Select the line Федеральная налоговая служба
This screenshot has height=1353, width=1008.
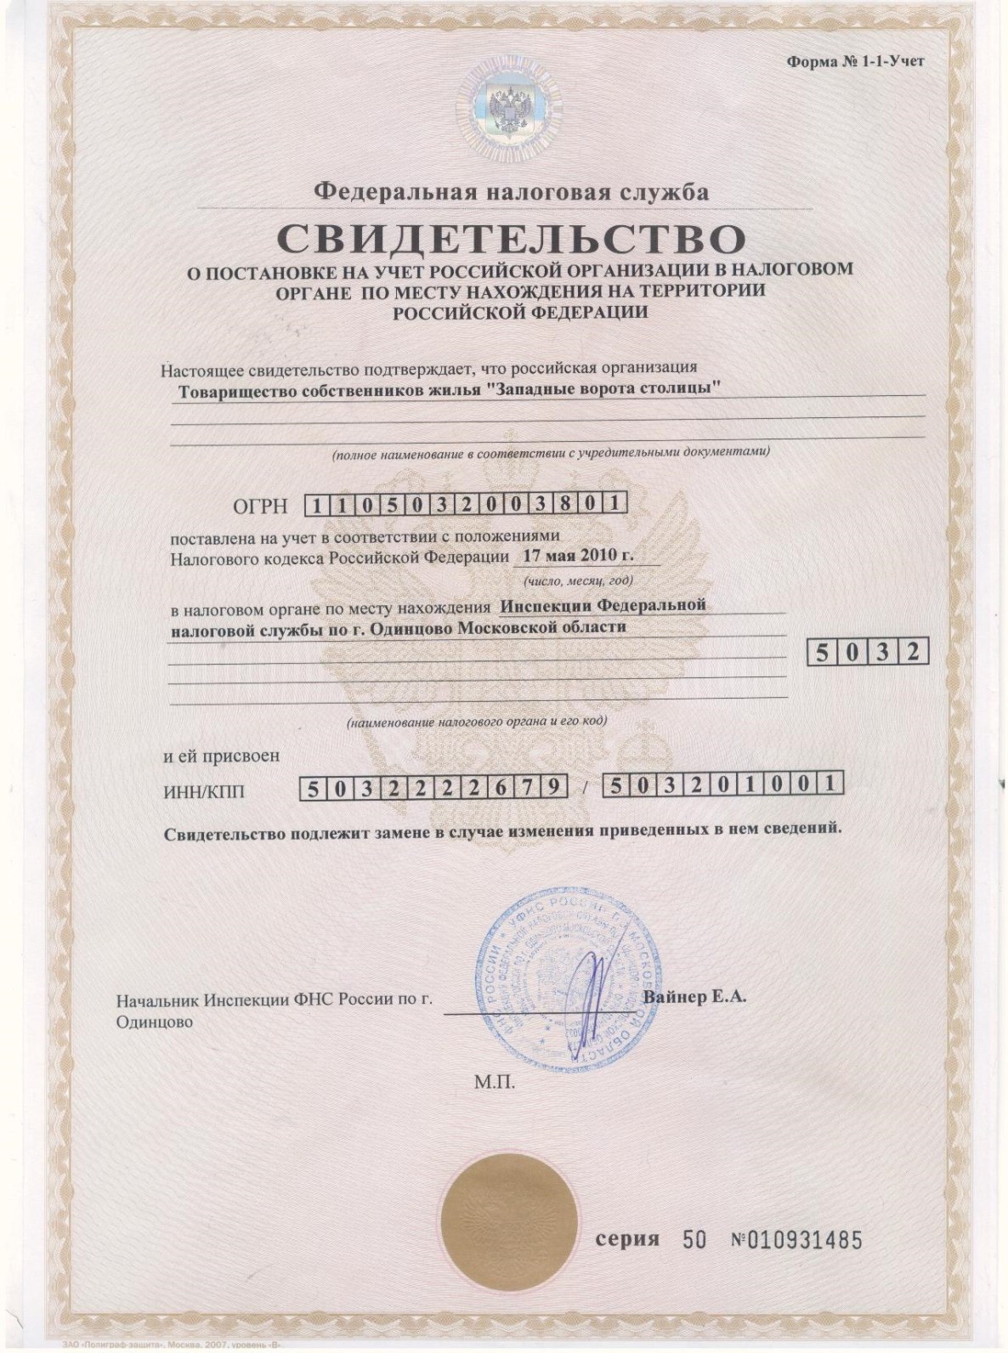511,191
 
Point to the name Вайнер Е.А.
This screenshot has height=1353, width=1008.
695,997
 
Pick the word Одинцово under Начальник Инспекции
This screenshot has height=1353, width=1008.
154,1022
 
